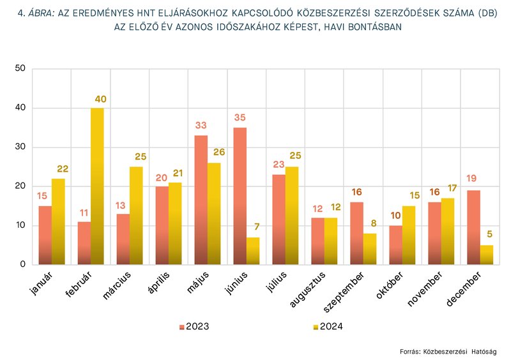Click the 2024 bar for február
coord(97,186)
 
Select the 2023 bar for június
coord(240,196)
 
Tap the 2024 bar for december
coord(486,255)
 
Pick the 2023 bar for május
coord(201,200)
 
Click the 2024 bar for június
coord(253,251)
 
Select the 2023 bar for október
coord(395,244)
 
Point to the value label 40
coord(100,99)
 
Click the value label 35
coord(240,118)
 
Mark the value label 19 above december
coord(473,179)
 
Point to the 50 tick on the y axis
coord(20,68)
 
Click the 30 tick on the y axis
coord(20,147)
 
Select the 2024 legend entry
coord(328,327)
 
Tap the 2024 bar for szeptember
coord(369,249)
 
